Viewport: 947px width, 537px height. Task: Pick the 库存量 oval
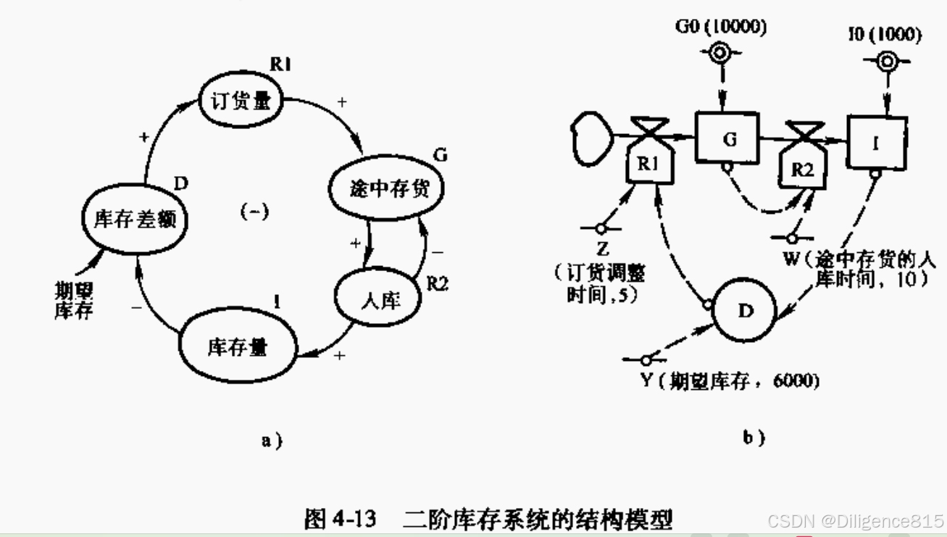237,347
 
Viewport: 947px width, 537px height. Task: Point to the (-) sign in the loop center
254,212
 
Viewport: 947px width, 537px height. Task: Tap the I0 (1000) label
884,35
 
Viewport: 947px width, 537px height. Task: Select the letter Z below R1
602,250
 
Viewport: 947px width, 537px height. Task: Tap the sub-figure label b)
754,437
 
